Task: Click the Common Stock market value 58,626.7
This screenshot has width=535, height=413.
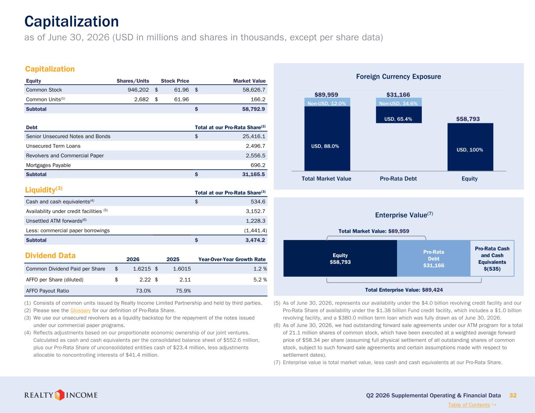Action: click(x=254, y=90)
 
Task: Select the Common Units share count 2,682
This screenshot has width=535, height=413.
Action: click(x=141, y=99)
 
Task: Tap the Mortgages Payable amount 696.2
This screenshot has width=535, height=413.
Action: click(x=258, y=165)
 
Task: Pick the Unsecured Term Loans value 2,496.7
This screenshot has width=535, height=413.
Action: click(x=256, y=146)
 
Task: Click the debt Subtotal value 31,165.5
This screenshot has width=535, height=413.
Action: click(x=254, y=174)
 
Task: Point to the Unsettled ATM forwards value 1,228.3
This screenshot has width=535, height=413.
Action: click(x=256, y=221)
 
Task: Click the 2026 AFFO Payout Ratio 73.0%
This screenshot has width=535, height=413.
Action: click(x=143, y=291)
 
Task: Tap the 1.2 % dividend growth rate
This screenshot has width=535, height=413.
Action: click(x=260, y=269)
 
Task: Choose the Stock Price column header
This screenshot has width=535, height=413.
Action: click(x=175, y=81)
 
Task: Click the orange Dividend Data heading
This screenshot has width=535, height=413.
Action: click(x=50, y=255)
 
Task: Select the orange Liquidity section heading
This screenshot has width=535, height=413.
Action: click(x=44, y=189)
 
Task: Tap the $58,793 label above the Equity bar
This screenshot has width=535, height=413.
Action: click(x=468, y=119)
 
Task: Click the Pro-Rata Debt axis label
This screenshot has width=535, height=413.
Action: click(x=398, y=179)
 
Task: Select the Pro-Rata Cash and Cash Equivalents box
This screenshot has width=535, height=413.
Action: click(x=492, y=258)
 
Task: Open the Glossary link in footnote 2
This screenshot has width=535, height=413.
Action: click(x=80, y=310)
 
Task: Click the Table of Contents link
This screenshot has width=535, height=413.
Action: click(x=469, y=405)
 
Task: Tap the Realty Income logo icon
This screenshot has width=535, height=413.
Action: click(x=59, y=395)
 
